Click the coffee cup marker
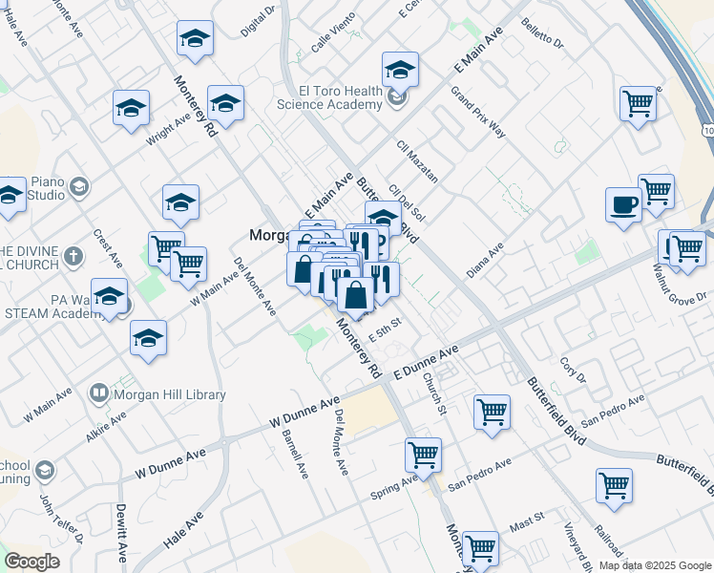pyautogui.click(x=623, y=205)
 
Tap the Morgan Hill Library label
pyautogui.click(x=170, y=394)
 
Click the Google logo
pyautogui.click(x=31, y=562)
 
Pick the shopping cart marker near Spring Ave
pyautogui.click(x=423, y=455)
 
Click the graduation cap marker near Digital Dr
pyautogui.click(x=195, y=38)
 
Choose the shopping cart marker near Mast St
pyautogui.click(x=480, y=548)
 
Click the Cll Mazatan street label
pyautogui.click(x=417, y=160)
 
